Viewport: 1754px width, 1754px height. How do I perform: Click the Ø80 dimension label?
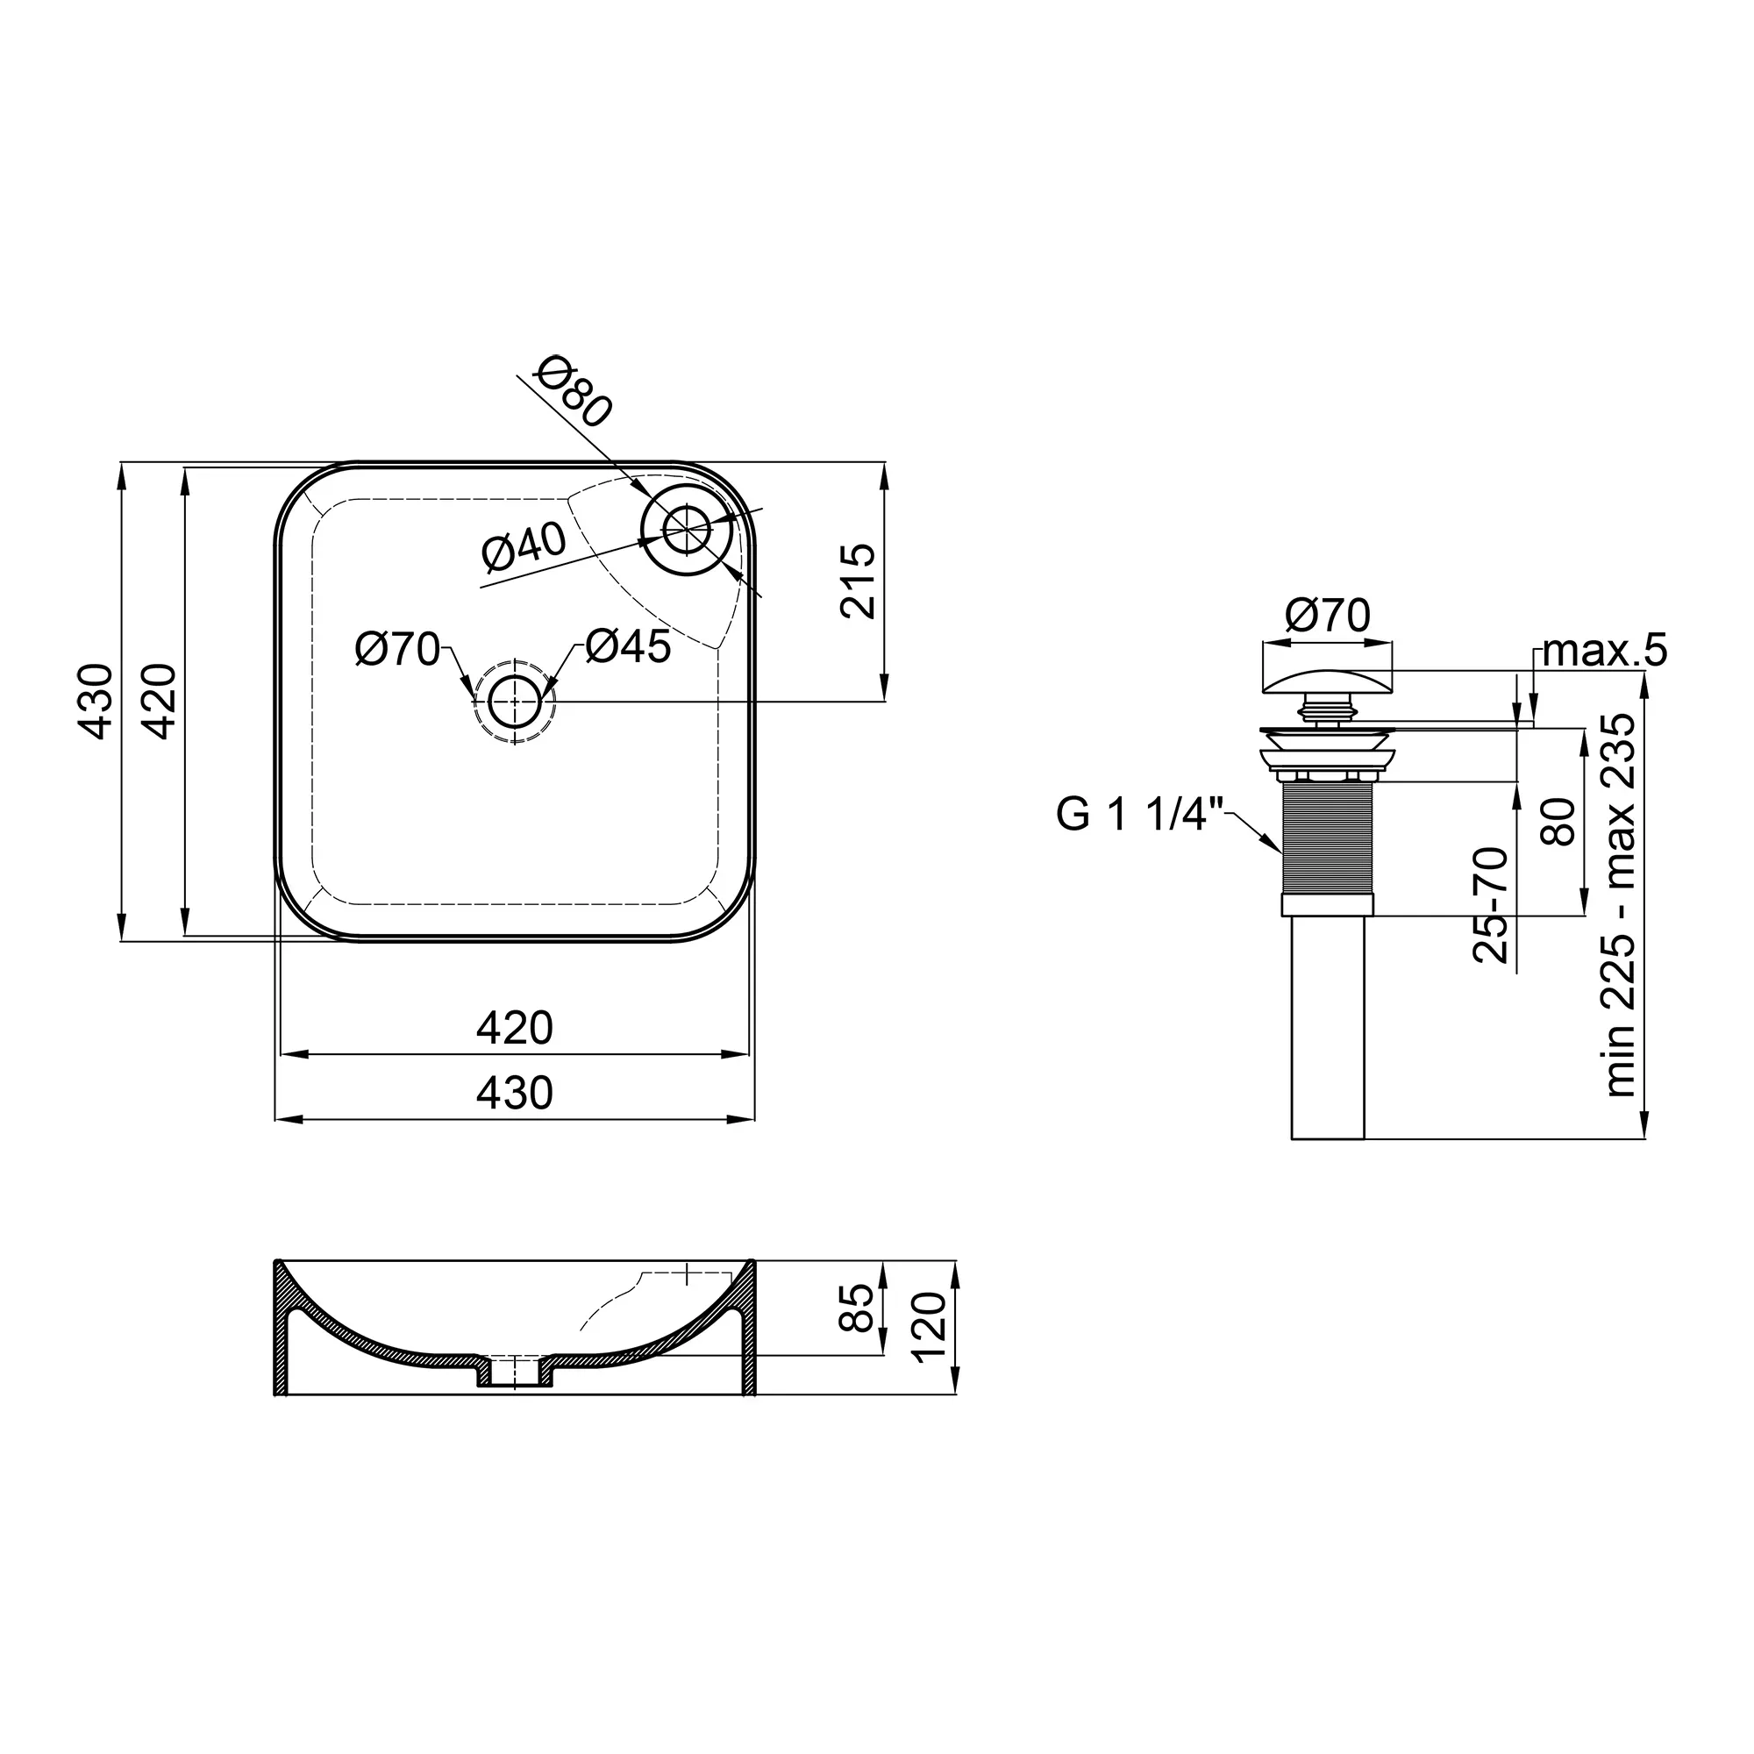(x=574, y=391)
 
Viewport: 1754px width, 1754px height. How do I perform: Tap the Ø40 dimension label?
(x=524, y=547)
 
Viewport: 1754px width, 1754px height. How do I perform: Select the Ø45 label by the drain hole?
(x=628, y=646)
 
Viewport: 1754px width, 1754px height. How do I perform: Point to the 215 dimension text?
(x=857, y=581)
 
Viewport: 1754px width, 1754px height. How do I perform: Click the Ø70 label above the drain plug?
(x=1327, y=616)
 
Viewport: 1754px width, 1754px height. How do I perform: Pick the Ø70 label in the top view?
(x=397, y=650)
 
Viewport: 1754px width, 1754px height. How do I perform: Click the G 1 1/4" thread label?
(x=1140, y=815)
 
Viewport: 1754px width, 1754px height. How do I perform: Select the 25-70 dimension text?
(x=1490, y=905)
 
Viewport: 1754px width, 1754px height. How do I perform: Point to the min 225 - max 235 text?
(x=1620, y=905)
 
